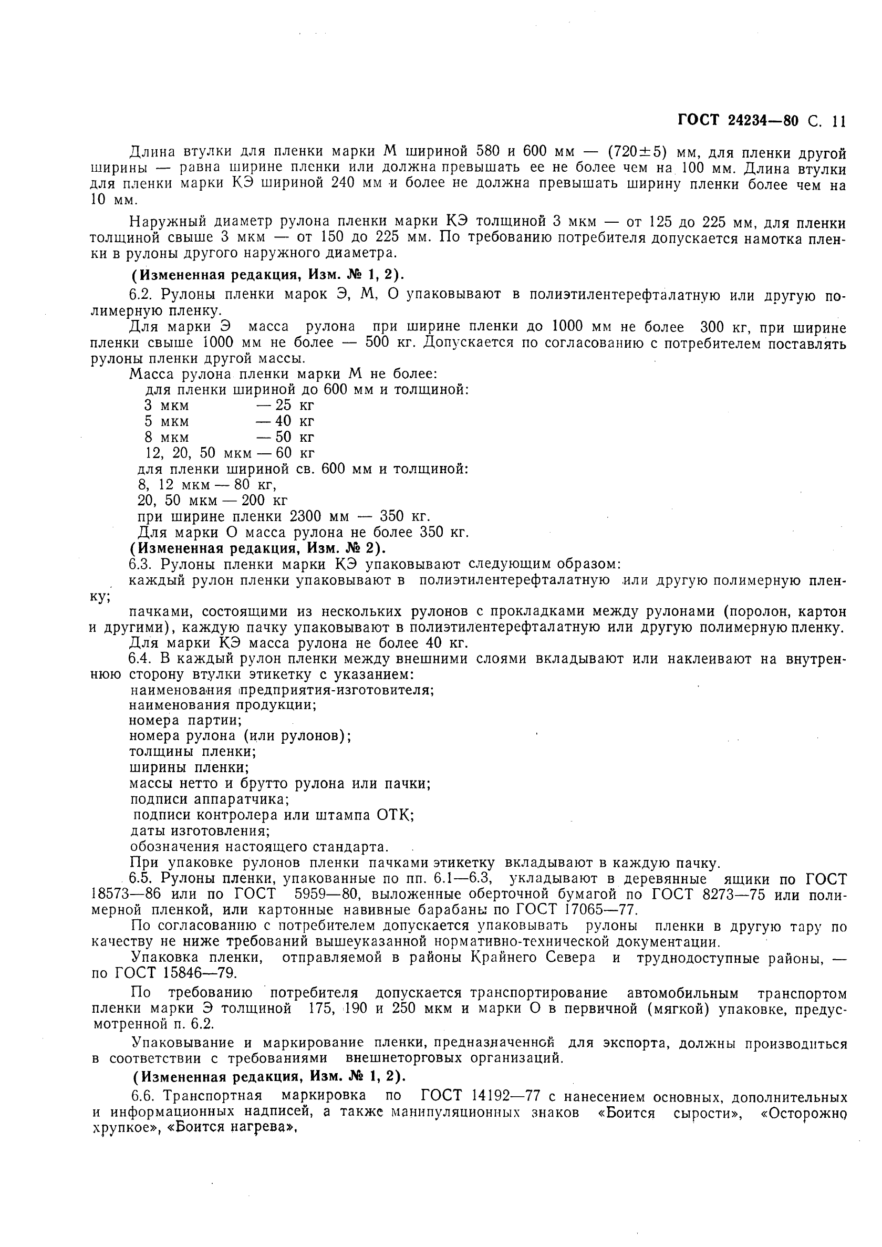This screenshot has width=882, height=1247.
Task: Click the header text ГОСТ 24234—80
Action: [738, 121]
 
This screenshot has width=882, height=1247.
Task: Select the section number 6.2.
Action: [141, 295]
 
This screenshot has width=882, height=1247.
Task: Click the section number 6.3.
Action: [141, 564]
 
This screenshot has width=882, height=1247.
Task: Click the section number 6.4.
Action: [141, 659]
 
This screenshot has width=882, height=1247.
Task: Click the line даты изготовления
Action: [200, 831]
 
